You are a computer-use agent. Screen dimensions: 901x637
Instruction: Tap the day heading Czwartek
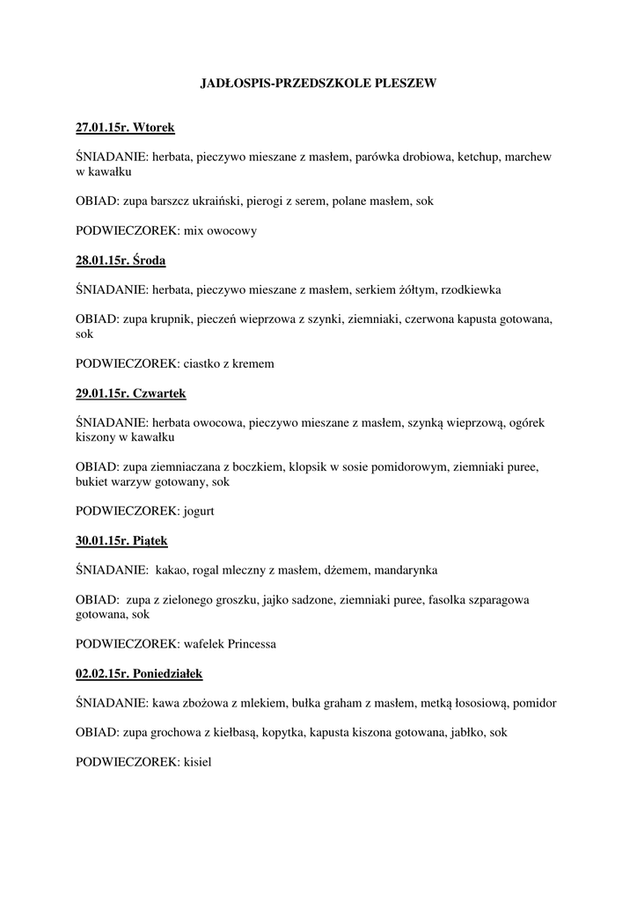click(158, 392)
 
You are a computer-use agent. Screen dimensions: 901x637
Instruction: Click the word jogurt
click(200, 511)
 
